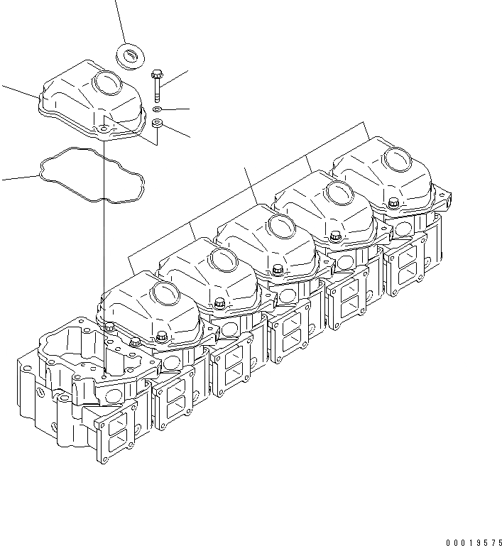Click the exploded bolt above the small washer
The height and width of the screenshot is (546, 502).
click(156, 84)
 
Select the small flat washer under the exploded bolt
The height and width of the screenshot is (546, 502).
click(157, 109)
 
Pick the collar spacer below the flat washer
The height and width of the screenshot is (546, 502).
click(158, 126)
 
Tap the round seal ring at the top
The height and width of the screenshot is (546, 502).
click(129, 56)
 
